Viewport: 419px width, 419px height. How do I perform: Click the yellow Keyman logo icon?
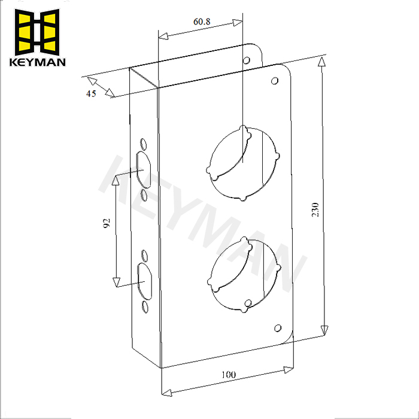tap(38, 31)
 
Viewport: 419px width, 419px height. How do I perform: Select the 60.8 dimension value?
tap(202, 22)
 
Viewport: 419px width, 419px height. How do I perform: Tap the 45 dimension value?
tap(92, 93)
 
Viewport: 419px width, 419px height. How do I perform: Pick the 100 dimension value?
tap(228, 375)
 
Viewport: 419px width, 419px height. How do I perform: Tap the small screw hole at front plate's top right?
tap(275, 81)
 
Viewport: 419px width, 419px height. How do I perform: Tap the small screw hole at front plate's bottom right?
tap(277, 327)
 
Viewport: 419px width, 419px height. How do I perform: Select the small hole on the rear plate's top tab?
tap(245, 60)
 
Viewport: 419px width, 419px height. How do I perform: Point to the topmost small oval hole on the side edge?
tap(143, 144)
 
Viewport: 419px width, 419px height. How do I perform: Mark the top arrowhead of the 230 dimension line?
tap(322, 62)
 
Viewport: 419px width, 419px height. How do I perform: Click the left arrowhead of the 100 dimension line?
tap(168, 393)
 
